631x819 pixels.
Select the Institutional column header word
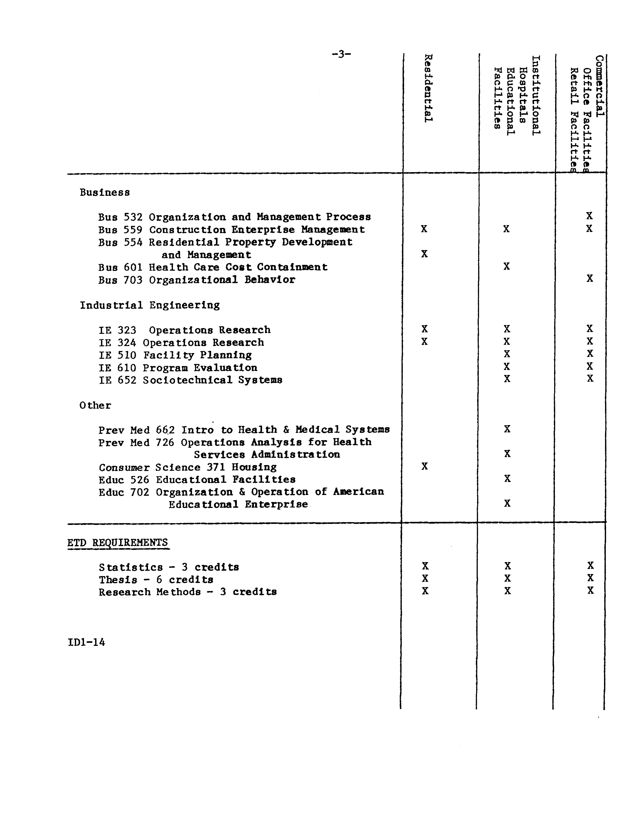pyautogui.click(x=536, y=96)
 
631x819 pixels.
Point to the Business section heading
pyautogui.click(x=105, y=192)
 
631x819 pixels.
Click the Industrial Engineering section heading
pyautogui.click(x=150, y=305)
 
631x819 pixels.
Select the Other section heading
pyautogui.click(x=95, y=405)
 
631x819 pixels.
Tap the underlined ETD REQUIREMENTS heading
pyautogui.click(x=118, y=543)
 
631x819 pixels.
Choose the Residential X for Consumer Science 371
pyautogui.click(x=424, y=466)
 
